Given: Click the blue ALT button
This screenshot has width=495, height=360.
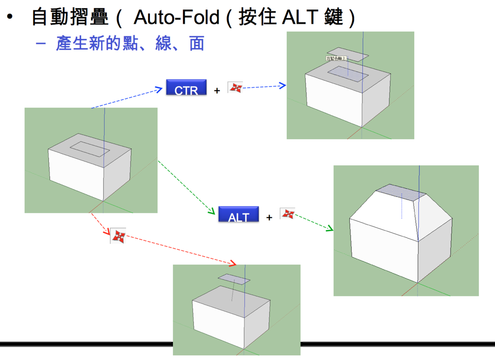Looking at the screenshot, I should coord(238,214).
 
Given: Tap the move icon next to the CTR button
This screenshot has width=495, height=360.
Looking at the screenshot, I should coord(235,88).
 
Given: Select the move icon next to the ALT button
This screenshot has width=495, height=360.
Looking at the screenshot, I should coord(287,214).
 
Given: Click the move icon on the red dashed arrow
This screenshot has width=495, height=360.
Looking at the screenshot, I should coord(118,236).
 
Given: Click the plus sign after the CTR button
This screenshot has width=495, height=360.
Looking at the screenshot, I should coord(217,91).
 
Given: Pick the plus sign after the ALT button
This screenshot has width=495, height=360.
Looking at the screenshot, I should coord(269,218).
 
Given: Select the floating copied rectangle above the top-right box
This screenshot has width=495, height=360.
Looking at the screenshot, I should coord(347,55).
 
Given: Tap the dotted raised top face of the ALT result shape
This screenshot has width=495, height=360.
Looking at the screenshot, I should coord(402,192).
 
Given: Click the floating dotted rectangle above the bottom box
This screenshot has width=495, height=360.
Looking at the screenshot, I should coord(234,278).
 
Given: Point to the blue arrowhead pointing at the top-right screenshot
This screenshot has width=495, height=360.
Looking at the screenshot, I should coord(283,85).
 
